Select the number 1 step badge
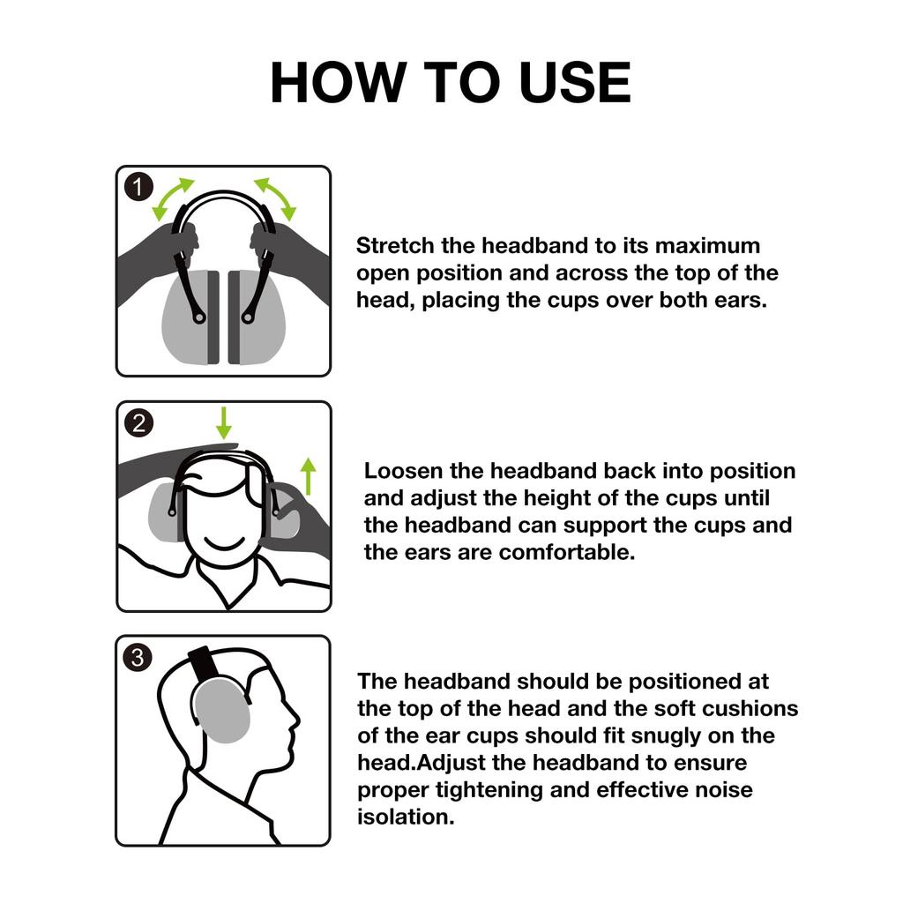pyautogui.click(x=138, y=188)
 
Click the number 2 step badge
pyautogui.click(x=138, y=422)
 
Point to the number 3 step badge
pyautogui.click(x=138, y=657)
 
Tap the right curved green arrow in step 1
pyautogui.click(x=276, y=198)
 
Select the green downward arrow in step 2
pyautogui.click(x=224, y=422)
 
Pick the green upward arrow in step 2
pyautogui.click(x=308, y=476)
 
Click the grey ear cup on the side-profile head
pyautogui.click(x=220, y=710)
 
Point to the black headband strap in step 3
pyautogui.click(x=200, y=661)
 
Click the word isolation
pyautogui.click(x=406, y=817)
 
